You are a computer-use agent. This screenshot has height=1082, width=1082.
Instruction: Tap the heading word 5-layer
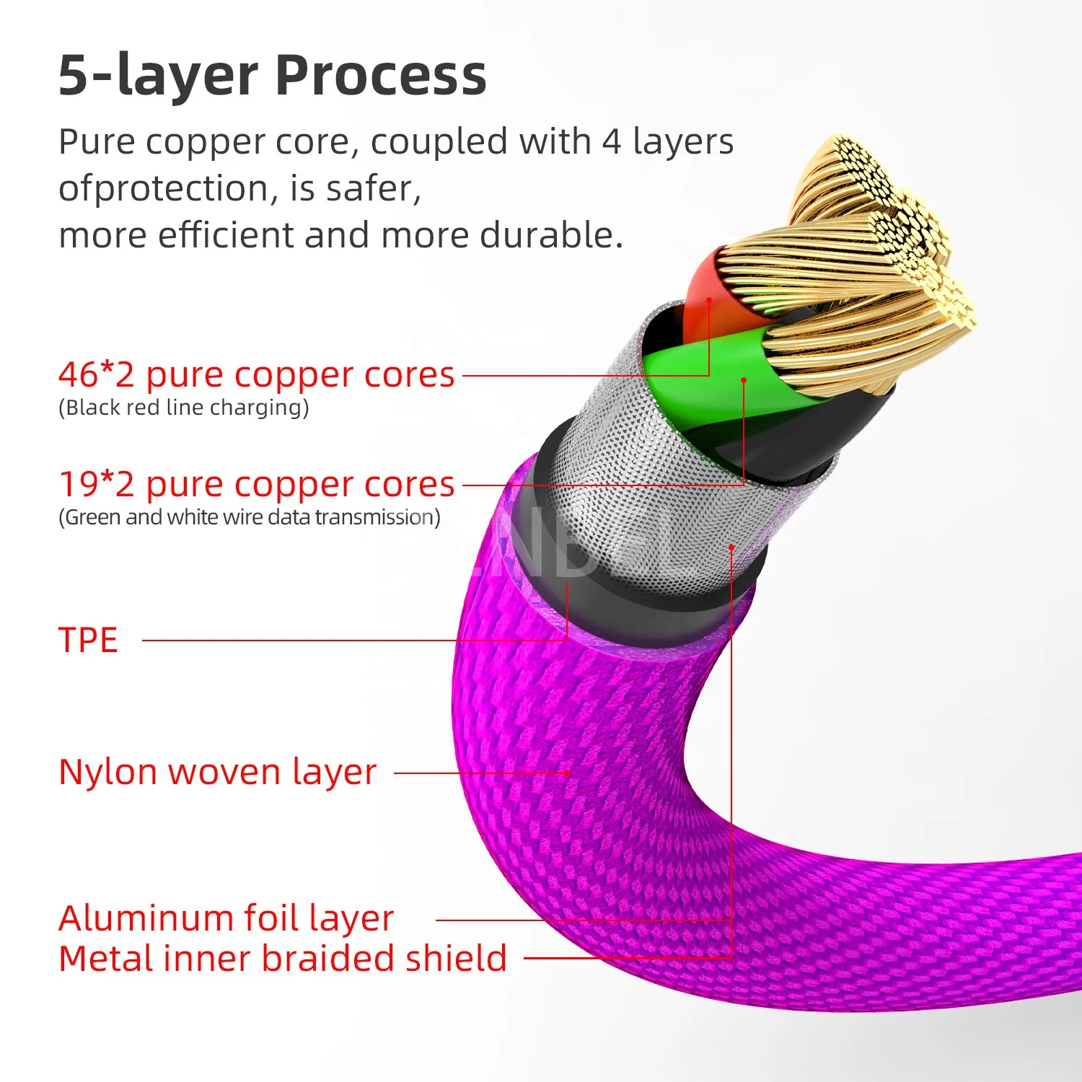point(158,75)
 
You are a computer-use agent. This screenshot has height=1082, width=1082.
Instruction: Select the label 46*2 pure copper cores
point(256,375)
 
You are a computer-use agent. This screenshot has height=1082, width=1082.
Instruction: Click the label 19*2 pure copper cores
point(256,485)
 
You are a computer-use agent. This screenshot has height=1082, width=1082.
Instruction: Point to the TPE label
point(88,641)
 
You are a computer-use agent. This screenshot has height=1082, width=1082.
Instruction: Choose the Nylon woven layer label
point(217,772)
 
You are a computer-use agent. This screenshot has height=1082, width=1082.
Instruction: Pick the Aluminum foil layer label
point(226,918)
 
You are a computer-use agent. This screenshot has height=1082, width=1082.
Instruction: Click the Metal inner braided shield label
point(282,959)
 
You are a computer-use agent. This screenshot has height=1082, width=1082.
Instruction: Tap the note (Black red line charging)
point(183,408)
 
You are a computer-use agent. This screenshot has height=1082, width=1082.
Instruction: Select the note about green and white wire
point(249,517)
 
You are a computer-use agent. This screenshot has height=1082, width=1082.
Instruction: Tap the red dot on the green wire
point(744,379)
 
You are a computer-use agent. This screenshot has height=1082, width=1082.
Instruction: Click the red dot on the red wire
point(709,299)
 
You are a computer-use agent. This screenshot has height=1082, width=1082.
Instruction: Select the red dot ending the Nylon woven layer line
point(568,773)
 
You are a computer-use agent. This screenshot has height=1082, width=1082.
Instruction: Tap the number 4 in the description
point(611,141)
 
